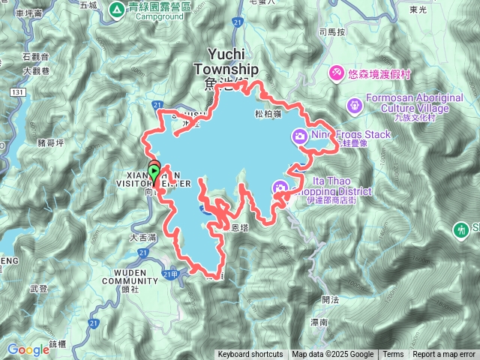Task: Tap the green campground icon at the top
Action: [x=116, y=10]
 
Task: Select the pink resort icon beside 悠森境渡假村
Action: [x=337, y=72]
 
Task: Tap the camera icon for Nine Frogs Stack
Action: [x=300, y=135]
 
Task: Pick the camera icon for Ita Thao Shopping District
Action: [x=280, y=188]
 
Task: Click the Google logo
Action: [x=28, y=349]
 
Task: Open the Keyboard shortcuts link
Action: [x=250, y=355]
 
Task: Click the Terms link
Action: [x=393, y=355]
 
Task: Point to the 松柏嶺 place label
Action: [x=268, y=115]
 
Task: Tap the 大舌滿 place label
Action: [x=142, y=237]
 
